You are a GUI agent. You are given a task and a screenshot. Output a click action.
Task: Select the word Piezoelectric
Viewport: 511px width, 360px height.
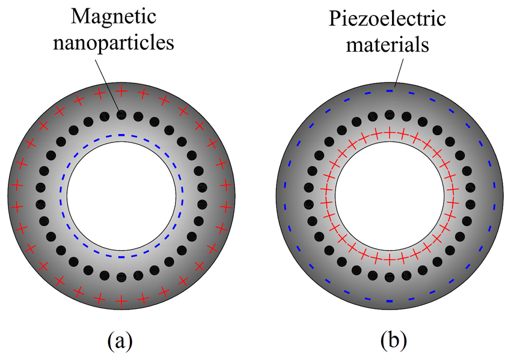point(388,19)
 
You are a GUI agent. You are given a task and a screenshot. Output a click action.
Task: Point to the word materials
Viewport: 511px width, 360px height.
point(388,44)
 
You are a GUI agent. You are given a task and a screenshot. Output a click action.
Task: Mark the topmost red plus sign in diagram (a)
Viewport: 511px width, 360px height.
point(121,91)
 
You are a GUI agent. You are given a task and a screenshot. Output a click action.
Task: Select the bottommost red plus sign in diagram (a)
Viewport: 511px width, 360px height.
point(121,300)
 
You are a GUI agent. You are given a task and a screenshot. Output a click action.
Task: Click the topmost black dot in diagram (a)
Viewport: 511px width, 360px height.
point(121,114)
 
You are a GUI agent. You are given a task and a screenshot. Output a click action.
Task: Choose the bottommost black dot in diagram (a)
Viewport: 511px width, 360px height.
point(121,278)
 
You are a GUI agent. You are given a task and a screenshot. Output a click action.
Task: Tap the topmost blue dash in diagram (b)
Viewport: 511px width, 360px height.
point(389,91)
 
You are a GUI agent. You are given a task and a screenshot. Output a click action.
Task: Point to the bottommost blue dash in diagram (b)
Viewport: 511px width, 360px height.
point(389,300)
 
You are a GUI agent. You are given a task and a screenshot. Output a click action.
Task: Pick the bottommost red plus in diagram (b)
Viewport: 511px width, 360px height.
point(389,260)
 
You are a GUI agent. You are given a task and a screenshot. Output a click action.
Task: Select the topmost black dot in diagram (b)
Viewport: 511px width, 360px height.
point(389,114)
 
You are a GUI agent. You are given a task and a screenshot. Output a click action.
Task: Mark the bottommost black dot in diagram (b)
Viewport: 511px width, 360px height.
point(389,278)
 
